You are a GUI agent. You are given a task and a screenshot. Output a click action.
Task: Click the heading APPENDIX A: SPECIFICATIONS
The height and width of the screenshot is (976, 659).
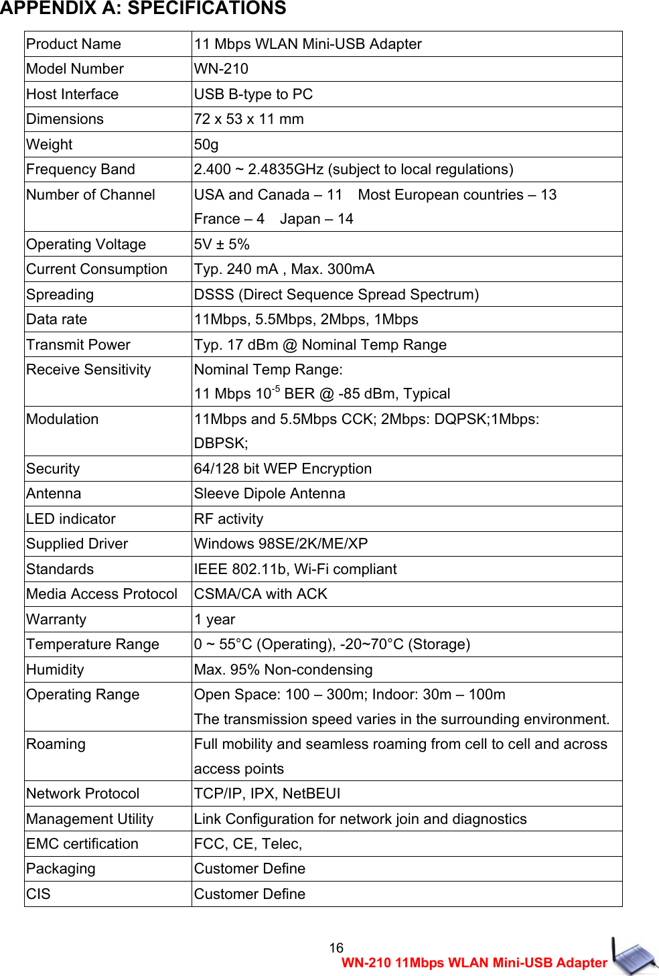click(x=143, y=9)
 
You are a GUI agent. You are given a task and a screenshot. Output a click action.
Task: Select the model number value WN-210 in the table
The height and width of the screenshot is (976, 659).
click(x=221, y=69)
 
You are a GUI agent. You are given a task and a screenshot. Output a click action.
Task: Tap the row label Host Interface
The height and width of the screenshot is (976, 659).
click(x=72, y=94)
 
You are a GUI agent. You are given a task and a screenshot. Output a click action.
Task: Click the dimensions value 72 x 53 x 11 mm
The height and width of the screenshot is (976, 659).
click(x=248, y=119)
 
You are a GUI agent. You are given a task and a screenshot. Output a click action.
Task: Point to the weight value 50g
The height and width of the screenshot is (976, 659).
click(x=206, y=145)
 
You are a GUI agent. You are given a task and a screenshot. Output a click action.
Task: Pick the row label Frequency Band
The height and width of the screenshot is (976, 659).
click(x=80, y=169)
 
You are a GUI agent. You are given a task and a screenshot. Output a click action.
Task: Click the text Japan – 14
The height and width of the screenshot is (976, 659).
click(x=316, y=219)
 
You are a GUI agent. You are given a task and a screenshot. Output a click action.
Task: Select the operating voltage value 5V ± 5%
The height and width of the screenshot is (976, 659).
click(x=222, y=245)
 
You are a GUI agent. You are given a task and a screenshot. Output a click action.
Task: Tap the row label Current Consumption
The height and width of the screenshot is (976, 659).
click(x=96, y=269)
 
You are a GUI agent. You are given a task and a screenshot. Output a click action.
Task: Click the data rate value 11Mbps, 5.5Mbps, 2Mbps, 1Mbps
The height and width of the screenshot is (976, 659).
click(x=306, y=320)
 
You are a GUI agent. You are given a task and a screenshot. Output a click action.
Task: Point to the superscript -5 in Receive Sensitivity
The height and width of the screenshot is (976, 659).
click(x=276, y=389)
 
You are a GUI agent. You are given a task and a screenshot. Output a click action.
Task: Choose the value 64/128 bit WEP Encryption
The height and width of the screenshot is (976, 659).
click(x=283, y=469)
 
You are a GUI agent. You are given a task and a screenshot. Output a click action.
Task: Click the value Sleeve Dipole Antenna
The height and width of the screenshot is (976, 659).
click(x=269, y=494)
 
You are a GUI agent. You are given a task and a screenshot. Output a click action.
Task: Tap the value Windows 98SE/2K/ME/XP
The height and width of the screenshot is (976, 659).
click(x=281, y=544)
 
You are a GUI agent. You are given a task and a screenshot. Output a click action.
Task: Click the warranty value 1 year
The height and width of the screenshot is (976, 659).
click(x=214, y=620)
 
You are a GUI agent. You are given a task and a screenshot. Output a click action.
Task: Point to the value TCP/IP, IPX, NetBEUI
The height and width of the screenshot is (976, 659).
click(x=267, y=794)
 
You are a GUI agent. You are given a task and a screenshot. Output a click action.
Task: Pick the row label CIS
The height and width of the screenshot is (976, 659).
click(x=38, y=894)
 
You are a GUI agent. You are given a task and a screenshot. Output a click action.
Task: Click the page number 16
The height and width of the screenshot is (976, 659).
click(x=336, y=948)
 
